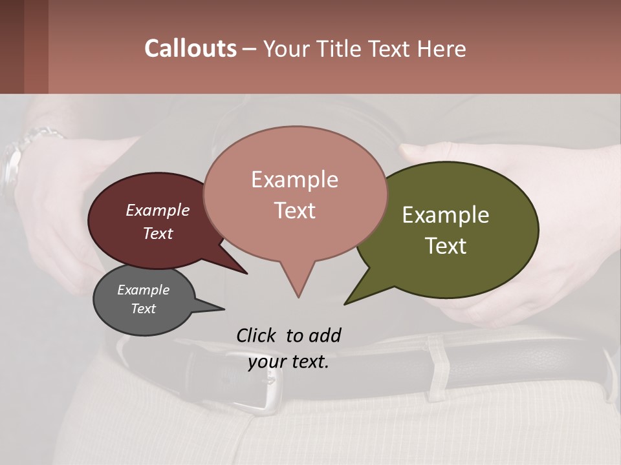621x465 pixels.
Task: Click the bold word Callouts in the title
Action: [x=190, y=48]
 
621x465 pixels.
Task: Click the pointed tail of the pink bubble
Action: [x=298, y=284]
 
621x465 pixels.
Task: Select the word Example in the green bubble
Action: [x=446, y=215]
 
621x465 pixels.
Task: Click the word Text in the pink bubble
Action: [x=295, y=211]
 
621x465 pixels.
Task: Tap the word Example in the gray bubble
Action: [x=143, y=290]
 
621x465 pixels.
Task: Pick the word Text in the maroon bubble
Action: [x=158, y=233]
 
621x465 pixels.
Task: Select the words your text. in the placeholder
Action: [x=289, y=362]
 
